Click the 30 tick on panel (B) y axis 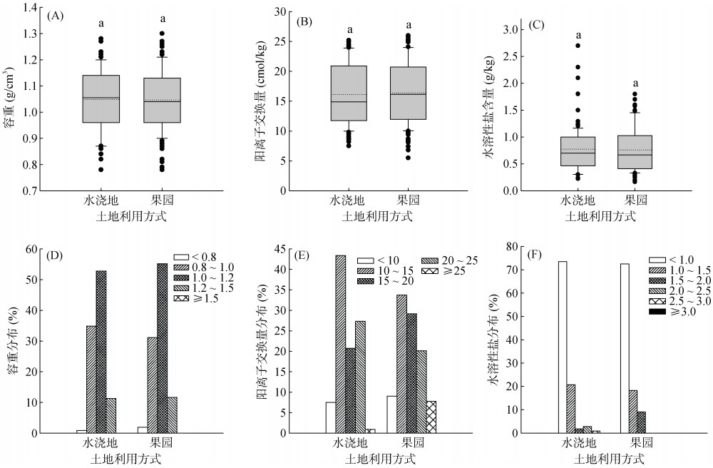pyautogui.click(x=281, y=12)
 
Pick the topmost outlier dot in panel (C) pyautogui.click(x=578, y=46)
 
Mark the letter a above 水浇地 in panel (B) pyautogui.click(x=349, y=30)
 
